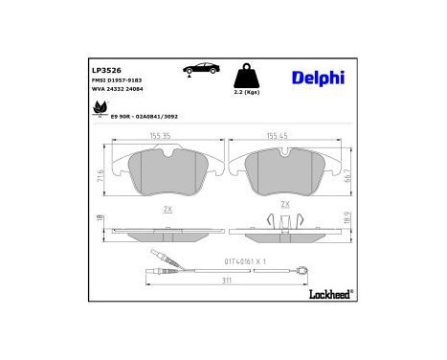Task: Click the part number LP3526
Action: [x=104, y=70]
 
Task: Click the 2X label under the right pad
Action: [x=284, y=205]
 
